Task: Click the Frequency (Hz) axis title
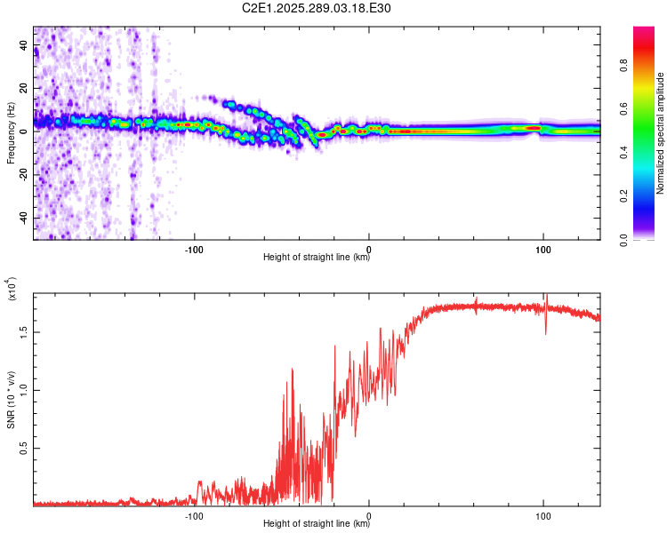coord(12,133)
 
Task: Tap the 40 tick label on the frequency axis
coord(23,44)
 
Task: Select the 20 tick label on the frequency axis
coord(23,88)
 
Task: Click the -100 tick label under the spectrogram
coord(195,248)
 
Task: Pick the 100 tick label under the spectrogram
coord(542,248)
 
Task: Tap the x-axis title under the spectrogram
coord(317,258)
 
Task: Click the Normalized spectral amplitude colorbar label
coord(661,133)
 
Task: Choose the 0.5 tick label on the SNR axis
coord(23,448)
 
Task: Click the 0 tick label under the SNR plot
coord(369,514)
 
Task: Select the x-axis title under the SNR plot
coord(317,524)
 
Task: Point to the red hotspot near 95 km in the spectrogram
coord(534,128)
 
